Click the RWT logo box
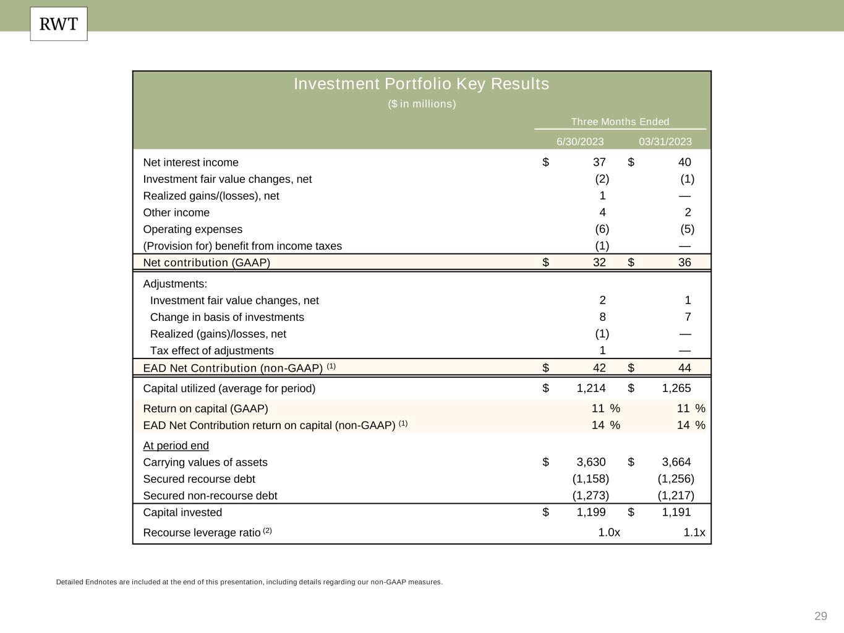59,24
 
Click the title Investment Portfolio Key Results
421,84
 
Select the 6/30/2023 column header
580,142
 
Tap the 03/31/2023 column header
665,142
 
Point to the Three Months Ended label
620,122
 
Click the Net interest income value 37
599,163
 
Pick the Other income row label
176,213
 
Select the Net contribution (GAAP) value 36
684,263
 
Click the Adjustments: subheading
175,284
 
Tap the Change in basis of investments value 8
602,317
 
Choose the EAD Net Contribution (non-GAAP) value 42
599,368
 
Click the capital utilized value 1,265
676,388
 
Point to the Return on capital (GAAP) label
205,409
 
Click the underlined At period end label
176,446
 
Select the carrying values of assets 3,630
591,462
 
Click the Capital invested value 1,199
591,512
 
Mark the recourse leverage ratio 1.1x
694,533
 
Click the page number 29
821,616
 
